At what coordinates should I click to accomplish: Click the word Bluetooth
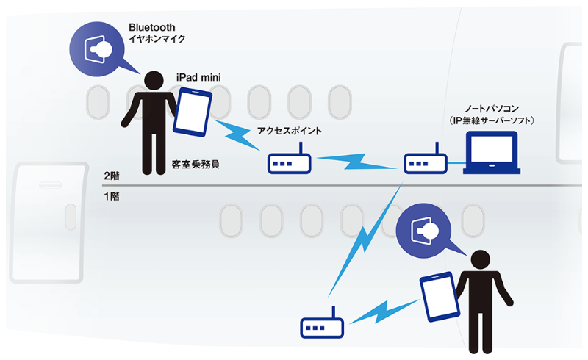pyautogui.click(x=152, y=27)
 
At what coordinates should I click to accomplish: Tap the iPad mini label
pyautogui.click(x=198, y=76)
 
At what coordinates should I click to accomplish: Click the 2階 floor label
pyautogui.click(x=112, y=176)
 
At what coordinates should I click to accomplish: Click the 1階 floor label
pyautogui.click(x=112, y=197)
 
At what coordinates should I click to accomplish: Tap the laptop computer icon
pyautogui.click(x=492, y=153)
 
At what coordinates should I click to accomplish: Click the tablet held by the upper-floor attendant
pyautogui.click(x=193, y=112)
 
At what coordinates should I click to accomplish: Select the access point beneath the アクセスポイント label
pyautogui.click(x=287, y=163)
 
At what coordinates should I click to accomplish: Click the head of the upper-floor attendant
pyautogui.click(x=154, y=81)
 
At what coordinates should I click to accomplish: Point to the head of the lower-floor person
pyautogui.click(x=480, y=259)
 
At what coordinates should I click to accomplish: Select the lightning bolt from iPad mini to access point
pyautogui.click(x=238, y=133)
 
